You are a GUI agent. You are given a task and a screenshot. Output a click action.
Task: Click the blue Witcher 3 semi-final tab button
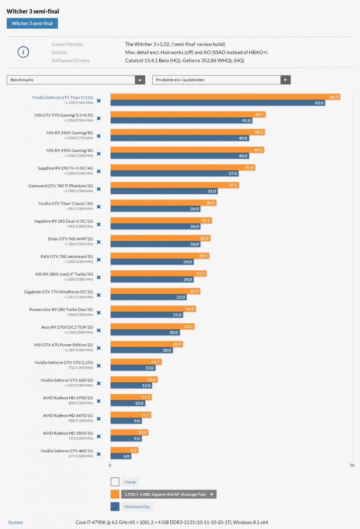[32, 24]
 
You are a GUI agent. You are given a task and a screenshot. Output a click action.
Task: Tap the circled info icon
[23, 52]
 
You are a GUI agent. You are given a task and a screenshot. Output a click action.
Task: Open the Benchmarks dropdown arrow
[140, 80]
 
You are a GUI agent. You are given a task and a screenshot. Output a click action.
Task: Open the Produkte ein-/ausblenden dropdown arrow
[285, 80]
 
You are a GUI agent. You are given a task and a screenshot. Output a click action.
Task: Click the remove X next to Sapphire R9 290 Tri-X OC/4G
[99, 171]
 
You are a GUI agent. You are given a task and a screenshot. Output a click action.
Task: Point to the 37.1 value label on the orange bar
[233, 185]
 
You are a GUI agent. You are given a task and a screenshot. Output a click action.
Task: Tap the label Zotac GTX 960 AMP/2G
[70, 239]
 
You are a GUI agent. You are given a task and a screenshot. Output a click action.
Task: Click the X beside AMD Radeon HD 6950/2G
[99, 401]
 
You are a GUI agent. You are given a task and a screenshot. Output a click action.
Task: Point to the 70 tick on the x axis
[351, 465]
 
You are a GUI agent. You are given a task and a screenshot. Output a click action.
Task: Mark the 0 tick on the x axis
[110, 465]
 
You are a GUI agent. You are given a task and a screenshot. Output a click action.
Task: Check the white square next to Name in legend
[115, 482]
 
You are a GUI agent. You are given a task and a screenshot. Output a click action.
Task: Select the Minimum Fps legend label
[137, 507]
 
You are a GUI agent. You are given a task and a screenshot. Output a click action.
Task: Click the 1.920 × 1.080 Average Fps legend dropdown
[169, 494]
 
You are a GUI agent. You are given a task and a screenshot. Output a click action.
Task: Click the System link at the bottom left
[15, 522]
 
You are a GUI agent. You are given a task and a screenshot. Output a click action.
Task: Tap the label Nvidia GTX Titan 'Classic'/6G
[65, 204]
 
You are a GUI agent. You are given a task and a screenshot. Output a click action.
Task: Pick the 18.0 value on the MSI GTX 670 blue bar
[167, 350]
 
